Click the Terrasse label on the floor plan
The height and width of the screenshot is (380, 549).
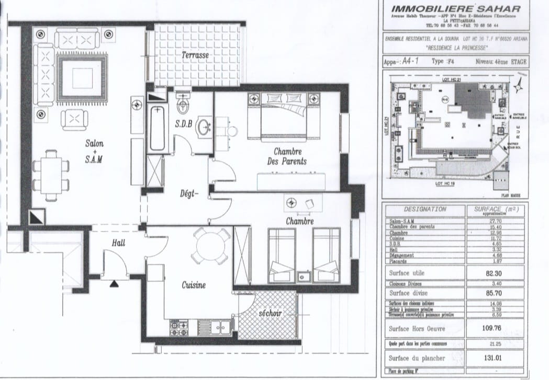coord(195,55)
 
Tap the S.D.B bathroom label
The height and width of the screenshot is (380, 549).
coord(184,124)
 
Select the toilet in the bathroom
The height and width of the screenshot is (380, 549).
coord(183,105)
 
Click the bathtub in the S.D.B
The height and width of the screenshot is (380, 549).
coord(157,128)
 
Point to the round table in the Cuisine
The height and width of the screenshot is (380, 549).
coord(210,246)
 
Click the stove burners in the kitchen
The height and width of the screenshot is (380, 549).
coord(179,329)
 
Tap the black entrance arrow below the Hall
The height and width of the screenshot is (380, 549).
coord(114,284)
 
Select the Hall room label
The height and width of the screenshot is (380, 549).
coord(118,243)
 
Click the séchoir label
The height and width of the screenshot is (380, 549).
coord(270,314)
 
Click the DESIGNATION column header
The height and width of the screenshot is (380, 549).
coord(425,209)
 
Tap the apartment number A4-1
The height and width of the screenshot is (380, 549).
coord(412,61)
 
